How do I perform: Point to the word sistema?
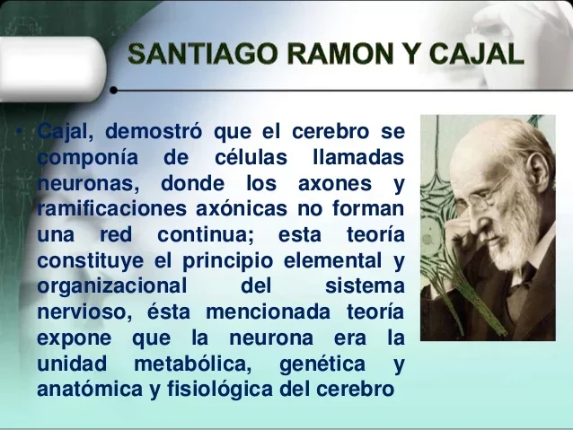click(365, 287)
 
